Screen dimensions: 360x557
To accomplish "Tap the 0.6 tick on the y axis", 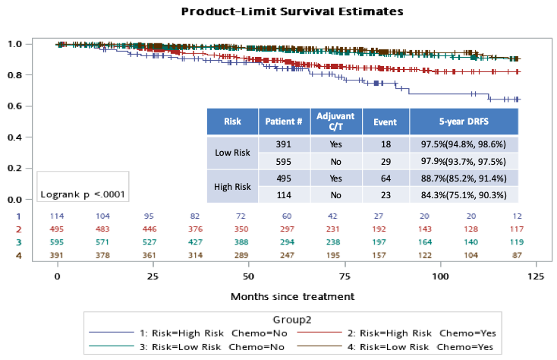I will (14, 106).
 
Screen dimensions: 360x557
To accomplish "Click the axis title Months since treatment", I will (292, 296).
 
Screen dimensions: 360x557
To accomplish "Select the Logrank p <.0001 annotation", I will (83, 195).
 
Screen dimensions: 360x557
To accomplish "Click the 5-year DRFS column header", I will (464, 122).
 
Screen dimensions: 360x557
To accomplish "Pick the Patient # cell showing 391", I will (284, 144).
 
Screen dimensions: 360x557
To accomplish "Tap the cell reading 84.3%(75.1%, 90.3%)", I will (464, 194).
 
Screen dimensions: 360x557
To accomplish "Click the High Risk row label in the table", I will (232, 186).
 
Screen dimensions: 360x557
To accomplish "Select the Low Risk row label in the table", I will (232, 153).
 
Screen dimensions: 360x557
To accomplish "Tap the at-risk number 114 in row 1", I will (58, 216).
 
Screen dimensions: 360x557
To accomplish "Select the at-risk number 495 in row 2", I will (58, 229).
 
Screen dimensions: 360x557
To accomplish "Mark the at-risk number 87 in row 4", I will (518, 255).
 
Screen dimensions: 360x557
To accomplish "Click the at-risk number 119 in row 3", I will (518, 242).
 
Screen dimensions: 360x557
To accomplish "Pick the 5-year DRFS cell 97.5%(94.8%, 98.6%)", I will (464, 144).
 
